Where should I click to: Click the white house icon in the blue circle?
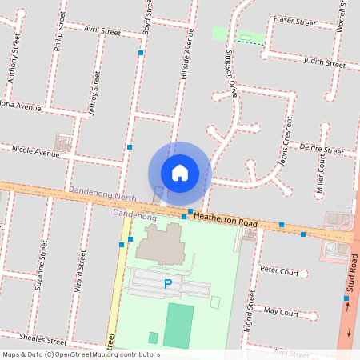pyautogui.click(x=180, y=173)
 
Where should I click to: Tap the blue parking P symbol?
pyautogui.click(x=168, y=284)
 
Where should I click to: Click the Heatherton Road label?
pyautogui.click(x=226, y=218)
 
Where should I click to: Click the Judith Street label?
pyautogui.click(x=323, y=62)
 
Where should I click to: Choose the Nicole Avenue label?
pyautogui.click(x=35, y=151)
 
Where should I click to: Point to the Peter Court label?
pyautogui.click(x=279, y=272)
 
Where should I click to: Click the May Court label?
pyautogui.click(x=280, y=311)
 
